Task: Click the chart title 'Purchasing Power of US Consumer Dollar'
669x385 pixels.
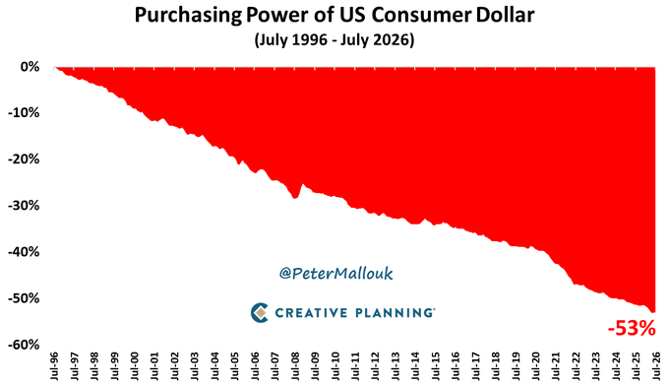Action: pyautogui.click(x=334, y=15)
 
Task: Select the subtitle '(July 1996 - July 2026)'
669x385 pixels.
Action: pyautogui.click(x=334, y=39)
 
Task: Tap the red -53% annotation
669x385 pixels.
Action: pyautogui.click(x=632, y=329)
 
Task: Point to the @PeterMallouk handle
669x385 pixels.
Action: pyautogui.click(x=335, y=273)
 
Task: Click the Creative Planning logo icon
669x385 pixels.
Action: pyautogui.click(x=260, y=312)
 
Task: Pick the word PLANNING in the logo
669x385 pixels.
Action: pyautogui.click(x=394, y=313)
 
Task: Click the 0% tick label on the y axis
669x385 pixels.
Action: pyautogui.click(x=30, y=67)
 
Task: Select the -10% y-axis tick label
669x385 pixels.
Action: pyautogui.click(x=24, y=113)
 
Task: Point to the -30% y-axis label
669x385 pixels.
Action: pyautogui.click(x=24, y=206)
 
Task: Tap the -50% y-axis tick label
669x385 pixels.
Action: pyautogui.click(x=24, y=298)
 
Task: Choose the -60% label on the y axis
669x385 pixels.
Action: pyautogui.click(x=24, y=344)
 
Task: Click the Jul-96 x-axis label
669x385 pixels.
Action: pyautogui.click(x=54, y=365)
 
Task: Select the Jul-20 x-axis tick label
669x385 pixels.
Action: pyautogui.click(x=535, y=365)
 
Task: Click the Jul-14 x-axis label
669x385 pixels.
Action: pyautogui.click(x=415, y=365)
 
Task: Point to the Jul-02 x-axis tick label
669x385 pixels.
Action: pyautogui.click(x=174, y=365)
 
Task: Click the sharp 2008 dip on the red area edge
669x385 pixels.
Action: pyautogui.click(x=294, y=199)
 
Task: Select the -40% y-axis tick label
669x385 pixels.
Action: pyautogui.click(x=24, y=252)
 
